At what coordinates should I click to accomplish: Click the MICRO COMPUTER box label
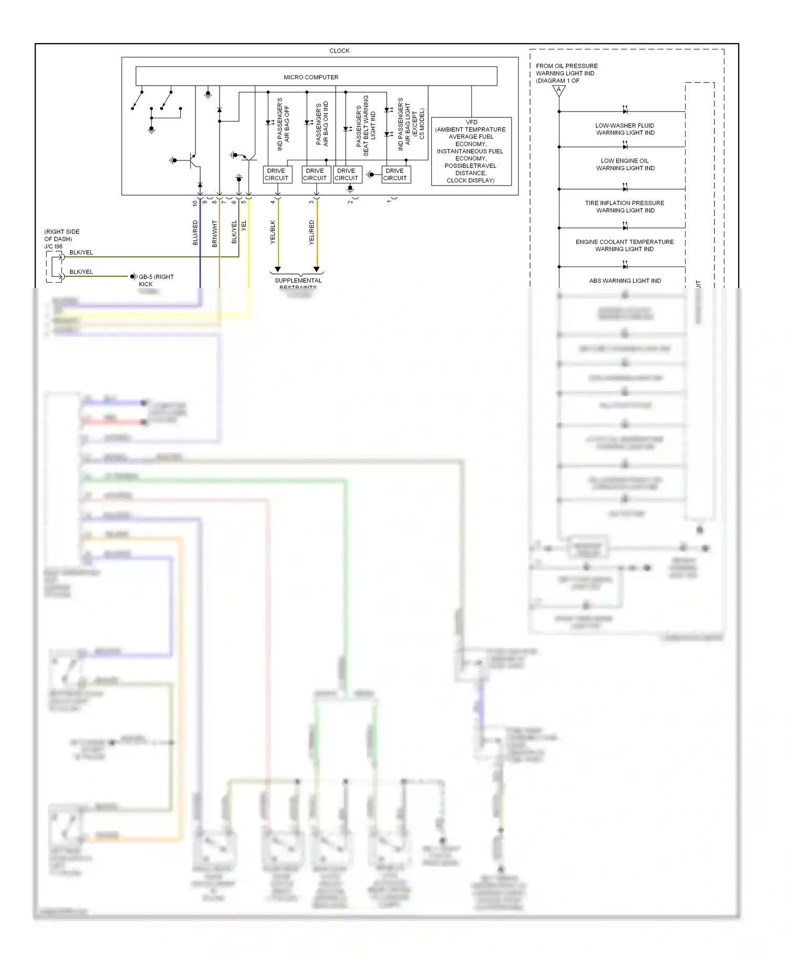(x=311, y=77)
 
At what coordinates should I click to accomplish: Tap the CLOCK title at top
(x=339, y=51)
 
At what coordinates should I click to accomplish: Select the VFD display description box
(x=471, y=151)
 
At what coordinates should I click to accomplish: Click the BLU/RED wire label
(x=195, y=233)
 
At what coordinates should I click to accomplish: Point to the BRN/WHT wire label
(x=215, y=233)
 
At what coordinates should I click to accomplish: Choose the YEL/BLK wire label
(x=273, y=232)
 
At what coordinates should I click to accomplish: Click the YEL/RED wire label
(x=312, y=232)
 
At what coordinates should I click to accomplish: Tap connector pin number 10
(x=195, y=203)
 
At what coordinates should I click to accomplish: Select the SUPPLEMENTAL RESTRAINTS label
(x=298, y=281)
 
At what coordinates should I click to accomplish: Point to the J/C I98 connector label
(x=53, y=247)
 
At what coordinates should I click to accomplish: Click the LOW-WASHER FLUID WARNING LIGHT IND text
(x=625, y=129)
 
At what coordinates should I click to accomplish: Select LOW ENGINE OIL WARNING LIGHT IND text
(x=625, y=165)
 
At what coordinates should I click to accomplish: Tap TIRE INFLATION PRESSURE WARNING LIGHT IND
(x=625, y=207)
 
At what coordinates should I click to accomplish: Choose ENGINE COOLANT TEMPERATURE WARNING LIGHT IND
(x=625, y=246)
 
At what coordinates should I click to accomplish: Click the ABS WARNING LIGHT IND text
(x=625, y=281)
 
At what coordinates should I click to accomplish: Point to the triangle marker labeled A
(x=559, y=91)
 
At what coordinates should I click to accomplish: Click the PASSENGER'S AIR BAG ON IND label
(x=322, y=124)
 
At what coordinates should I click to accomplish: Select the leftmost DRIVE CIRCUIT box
(x=276, y=175)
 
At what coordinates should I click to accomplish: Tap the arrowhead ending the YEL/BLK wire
(x=278, y=269)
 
